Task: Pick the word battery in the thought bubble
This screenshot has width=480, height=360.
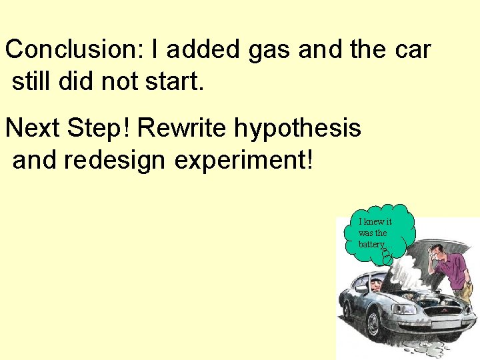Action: pos(371,245)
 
